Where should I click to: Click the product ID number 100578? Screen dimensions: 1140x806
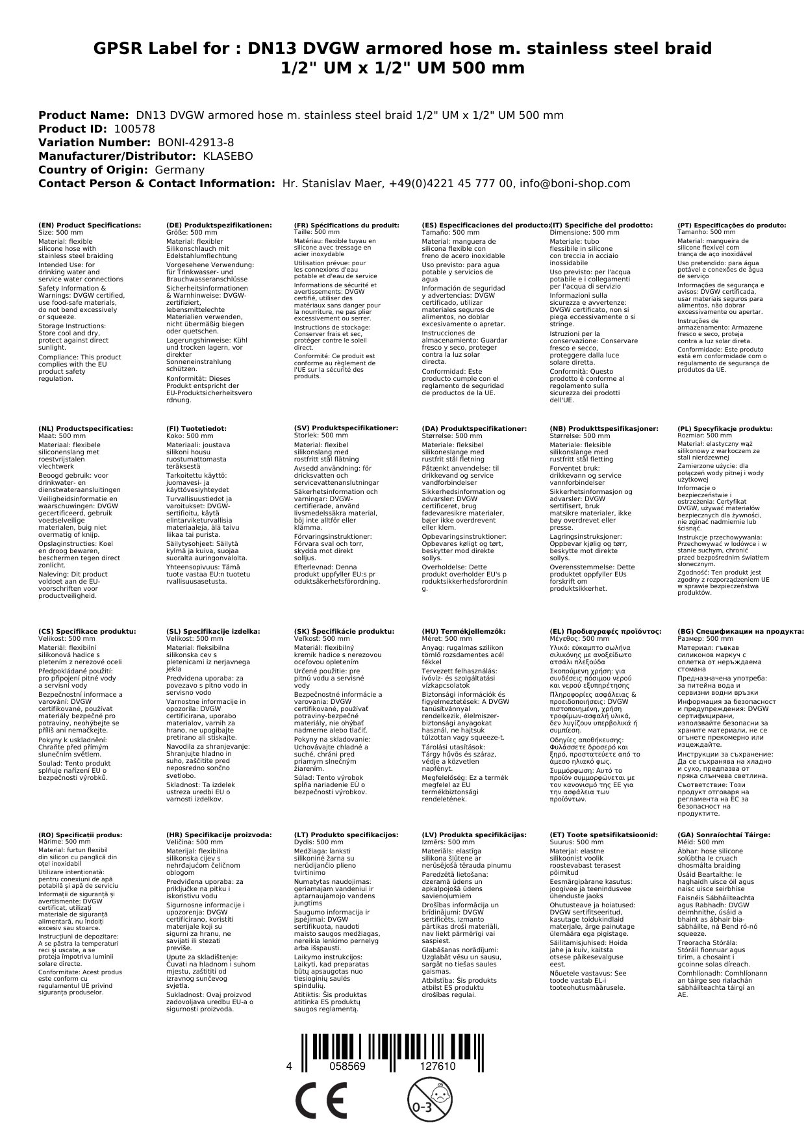coord(134,129)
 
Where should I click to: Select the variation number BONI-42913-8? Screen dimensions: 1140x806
coord(193,142)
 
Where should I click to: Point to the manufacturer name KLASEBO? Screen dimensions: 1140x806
coord(227,156)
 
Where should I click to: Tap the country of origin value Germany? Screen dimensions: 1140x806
coord(179,170)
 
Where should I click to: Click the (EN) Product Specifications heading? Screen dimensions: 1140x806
coord(90,225)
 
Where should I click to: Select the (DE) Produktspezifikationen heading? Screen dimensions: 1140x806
coord(219,225)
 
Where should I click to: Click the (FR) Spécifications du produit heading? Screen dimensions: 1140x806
coord(346,225)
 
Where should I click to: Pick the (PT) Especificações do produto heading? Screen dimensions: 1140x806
coord(731,225)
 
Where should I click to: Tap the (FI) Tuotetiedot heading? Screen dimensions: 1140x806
coord(196,428)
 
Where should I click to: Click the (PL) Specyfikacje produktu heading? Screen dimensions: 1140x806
coord(725,428)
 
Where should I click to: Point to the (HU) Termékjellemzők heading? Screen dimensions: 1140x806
coord(463,631)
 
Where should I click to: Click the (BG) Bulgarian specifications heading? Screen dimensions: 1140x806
coord(740,631)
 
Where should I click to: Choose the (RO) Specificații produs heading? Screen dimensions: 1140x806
coord(81,835)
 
